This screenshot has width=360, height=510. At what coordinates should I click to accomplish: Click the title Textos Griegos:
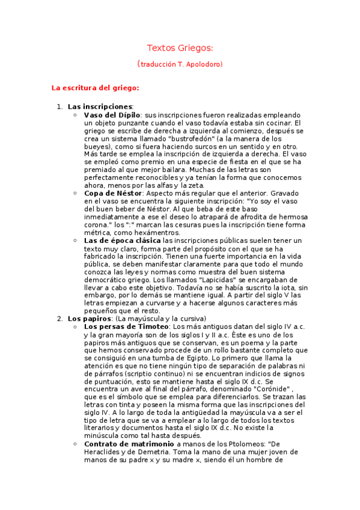coord(180,48)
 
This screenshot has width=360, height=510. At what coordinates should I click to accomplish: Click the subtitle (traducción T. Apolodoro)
coord(180,64)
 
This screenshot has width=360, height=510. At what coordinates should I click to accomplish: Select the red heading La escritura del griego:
coord(96,88)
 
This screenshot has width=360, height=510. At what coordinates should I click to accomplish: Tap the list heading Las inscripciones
coord(100,106)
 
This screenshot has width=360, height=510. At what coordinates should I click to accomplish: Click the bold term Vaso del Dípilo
coord(112,114)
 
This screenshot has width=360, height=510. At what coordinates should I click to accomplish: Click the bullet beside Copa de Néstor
coord(74,193)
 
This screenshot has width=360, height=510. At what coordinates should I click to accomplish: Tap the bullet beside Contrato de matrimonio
coord(74,443)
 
